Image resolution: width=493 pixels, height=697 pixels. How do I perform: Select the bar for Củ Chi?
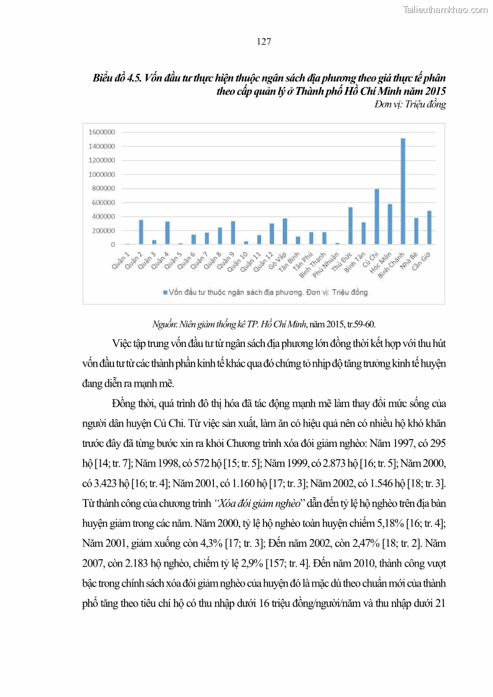pos(376,217)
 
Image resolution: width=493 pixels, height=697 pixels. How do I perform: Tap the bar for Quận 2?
pos(141,232)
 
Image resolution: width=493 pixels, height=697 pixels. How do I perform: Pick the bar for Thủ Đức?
pos(350,226)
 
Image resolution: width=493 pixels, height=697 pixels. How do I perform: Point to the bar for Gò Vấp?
pos(285,232)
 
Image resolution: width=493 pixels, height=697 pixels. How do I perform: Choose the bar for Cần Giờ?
pos(429,228)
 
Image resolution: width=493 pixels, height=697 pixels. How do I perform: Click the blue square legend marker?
pos(165,291)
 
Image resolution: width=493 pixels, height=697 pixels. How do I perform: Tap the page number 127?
pos(264,42)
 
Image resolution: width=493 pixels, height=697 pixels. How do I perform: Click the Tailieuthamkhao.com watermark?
pos(445,9)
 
